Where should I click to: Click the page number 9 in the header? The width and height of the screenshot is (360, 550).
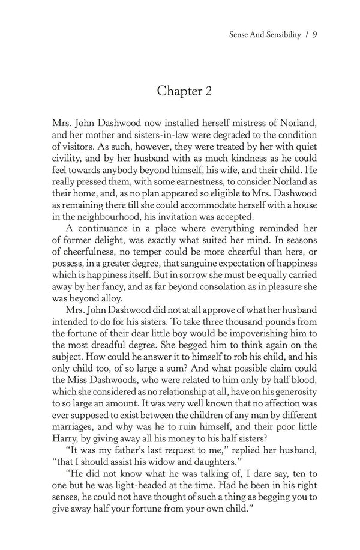tap(314, 35)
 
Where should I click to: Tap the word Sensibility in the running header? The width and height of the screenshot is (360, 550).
tap(279, 35)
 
